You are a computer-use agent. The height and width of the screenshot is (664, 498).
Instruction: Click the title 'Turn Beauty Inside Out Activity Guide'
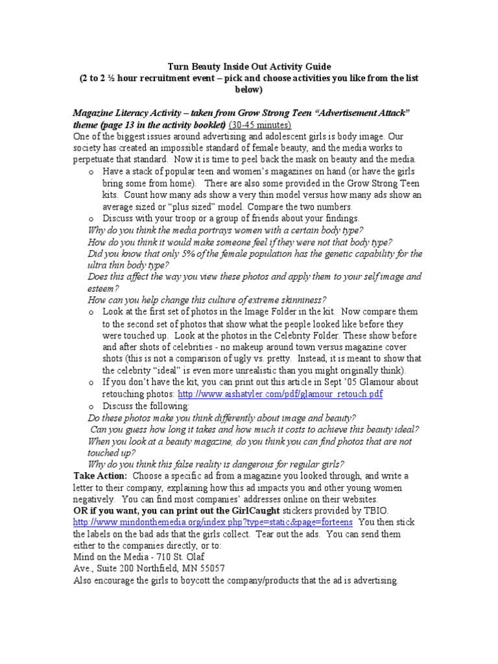(250, 66)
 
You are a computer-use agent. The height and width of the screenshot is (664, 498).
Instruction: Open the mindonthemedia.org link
(213, 522)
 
